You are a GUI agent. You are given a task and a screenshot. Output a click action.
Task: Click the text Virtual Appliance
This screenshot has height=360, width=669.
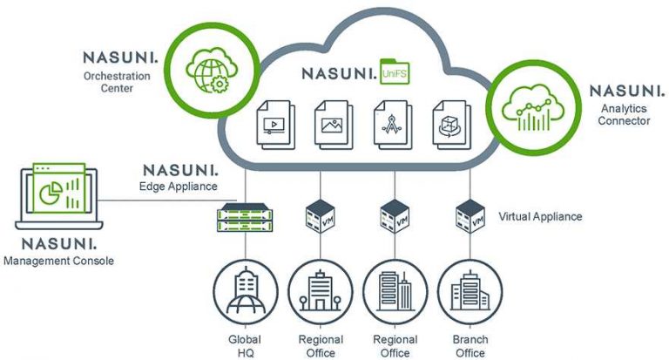click(540, 216)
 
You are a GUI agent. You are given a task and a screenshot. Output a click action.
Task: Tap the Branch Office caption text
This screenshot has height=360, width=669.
click(470, 345)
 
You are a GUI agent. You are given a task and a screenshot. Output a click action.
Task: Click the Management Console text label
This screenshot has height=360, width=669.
click(59, 260)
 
